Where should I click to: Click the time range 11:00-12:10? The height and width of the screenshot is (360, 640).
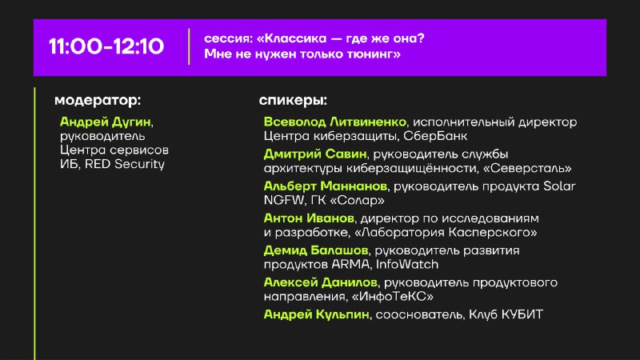click(106, 46)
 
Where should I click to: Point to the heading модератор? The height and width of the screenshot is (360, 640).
click(98, 101)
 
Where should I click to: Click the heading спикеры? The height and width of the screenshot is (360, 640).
click(293, 101)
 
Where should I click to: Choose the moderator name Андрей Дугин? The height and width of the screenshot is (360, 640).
click(106, 122)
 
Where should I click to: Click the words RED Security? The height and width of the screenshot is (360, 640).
click(125, 164)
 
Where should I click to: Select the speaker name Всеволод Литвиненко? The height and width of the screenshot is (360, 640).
click(334, 122)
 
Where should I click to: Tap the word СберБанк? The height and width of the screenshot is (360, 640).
click(435, 136)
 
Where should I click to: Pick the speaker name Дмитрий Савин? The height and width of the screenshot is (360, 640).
click(315, 154)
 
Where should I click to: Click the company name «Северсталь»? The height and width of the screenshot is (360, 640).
click(527, 168)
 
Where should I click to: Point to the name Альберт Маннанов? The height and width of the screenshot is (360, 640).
click(326, 186)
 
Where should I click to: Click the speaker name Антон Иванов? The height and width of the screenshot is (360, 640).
click(309, 218)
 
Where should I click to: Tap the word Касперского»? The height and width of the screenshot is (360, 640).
click(493, 233)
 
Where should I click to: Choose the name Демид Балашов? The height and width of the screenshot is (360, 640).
click(316, 250)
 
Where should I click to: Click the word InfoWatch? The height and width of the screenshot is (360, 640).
click(407, 265)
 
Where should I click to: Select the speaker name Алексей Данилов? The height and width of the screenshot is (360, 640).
click(321, 282)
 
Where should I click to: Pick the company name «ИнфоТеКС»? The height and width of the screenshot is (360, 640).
click(392, 297)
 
